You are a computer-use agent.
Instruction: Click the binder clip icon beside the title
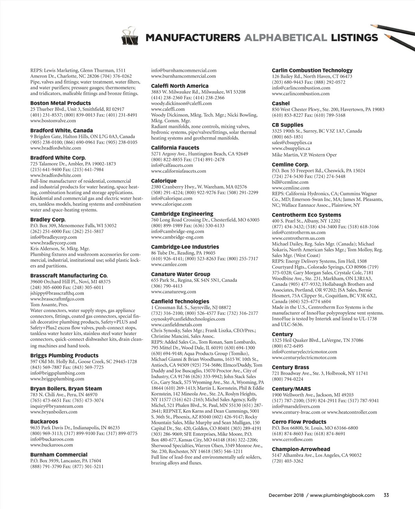point(130,37)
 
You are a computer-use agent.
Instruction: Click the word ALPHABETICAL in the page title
point(285,38)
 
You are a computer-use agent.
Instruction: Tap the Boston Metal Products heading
point(61,103)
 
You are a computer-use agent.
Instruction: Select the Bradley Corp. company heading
point(48,220)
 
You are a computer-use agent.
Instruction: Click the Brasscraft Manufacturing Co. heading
point(69,276)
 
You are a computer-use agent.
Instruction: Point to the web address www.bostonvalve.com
point(53,121)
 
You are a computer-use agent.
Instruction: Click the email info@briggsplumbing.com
point(57,373)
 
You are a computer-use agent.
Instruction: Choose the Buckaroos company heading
point(44,422)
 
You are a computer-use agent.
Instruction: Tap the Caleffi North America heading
point(180,86)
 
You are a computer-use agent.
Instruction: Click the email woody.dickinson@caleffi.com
point(181,103)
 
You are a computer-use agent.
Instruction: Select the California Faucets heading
point(175,148)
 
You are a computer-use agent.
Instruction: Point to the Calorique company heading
point(164,181)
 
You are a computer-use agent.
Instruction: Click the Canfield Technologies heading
point(180,301)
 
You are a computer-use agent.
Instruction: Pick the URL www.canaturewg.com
point(174,291)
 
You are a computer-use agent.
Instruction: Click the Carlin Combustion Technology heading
point(312,70)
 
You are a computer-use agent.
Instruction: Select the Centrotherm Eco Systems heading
point(306,215)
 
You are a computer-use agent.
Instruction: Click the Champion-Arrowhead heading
point(301,449)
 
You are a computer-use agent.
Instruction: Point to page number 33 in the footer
point(386,495)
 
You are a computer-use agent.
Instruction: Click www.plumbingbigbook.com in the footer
point(342,495)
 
